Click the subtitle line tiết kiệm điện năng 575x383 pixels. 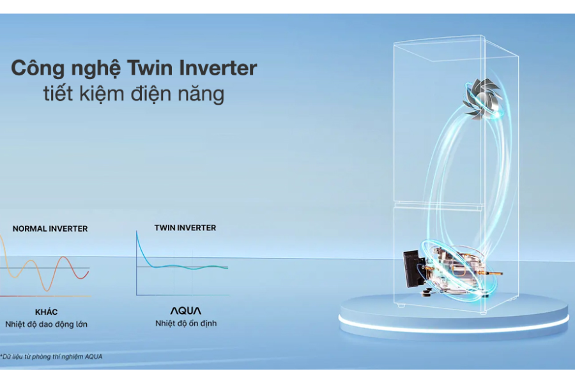pyautogui.click(x=134, y=93)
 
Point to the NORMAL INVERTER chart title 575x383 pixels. pyautogui.click(x=50, y=229)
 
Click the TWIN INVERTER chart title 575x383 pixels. pyautogui.click(x=185, y=228)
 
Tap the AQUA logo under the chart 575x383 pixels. pyautogui.click(x=185, y=311)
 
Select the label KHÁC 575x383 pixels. pyautogui.click(x=46, y=312)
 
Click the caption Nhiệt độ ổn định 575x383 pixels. pyautogui.click(x=186, y=324)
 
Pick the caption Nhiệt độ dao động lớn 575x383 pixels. pyautogui.click(x=46, y=324)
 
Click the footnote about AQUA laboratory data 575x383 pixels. pyautogui.click(x=51, y=356)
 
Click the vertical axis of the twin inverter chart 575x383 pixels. pyautogui.click(x=137, y=263)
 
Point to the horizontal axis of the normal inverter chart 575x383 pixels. pyautogui.click(x=45, y=296)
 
